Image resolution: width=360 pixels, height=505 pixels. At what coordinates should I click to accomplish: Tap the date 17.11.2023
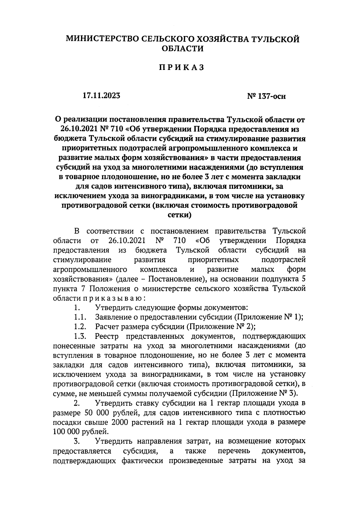(102, 96)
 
